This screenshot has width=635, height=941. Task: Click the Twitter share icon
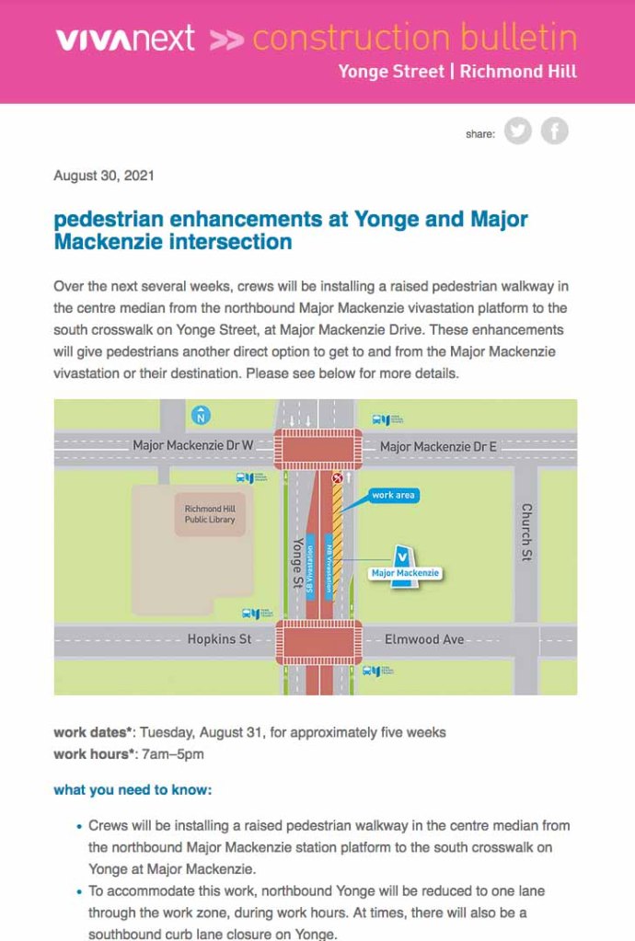pyautogui.click(x=518, y=132)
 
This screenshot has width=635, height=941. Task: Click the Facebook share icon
pyautogui.click(x=554, y=132)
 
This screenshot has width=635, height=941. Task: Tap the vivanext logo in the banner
pyautogui.click(x=125, y=39)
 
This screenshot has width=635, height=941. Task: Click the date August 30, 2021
pyautogui.click(x=104, y=175)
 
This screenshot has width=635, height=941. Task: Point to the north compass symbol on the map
pyautogui.click(x=201, y=417)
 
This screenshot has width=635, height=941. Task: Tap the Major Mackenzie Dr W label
pyautogui.click(x=192, y=446)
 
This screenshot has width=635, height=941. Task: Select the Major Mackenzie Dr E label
pyautogui.click(x=438, y=447)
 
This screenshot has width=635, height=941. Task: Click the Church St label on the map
pyautogui.click(x=527, y=532)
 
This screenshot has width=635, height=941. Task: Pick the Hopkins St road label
pyautogui.click(x=219, y=638)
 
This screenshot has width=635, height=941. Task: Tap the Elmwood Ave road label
pyautogui.click(x=424, y=638)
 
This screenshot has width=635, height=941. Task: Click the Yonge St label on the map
pyautogui.click(x=297, y=562)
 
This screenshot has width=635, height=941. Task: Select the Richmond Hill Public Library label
pyautogui.click(x=210, y=514)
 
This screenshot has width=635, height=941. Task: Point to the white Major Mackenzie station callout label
pyautogui.click(x=405, y=573)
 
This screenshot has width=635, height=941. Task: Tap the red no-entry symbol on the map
pyautogui.click(x=338, y=478)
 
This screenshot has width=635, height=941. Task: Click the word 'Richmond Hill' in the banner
pyautogui.click(x=518, y=72)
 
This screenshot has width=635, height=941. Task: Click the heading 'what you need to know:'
pyautogui.click(x=133, y=790)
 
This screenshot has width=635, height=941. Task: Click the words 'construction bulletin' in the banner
pyautogui.click(x=414, y=39)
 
